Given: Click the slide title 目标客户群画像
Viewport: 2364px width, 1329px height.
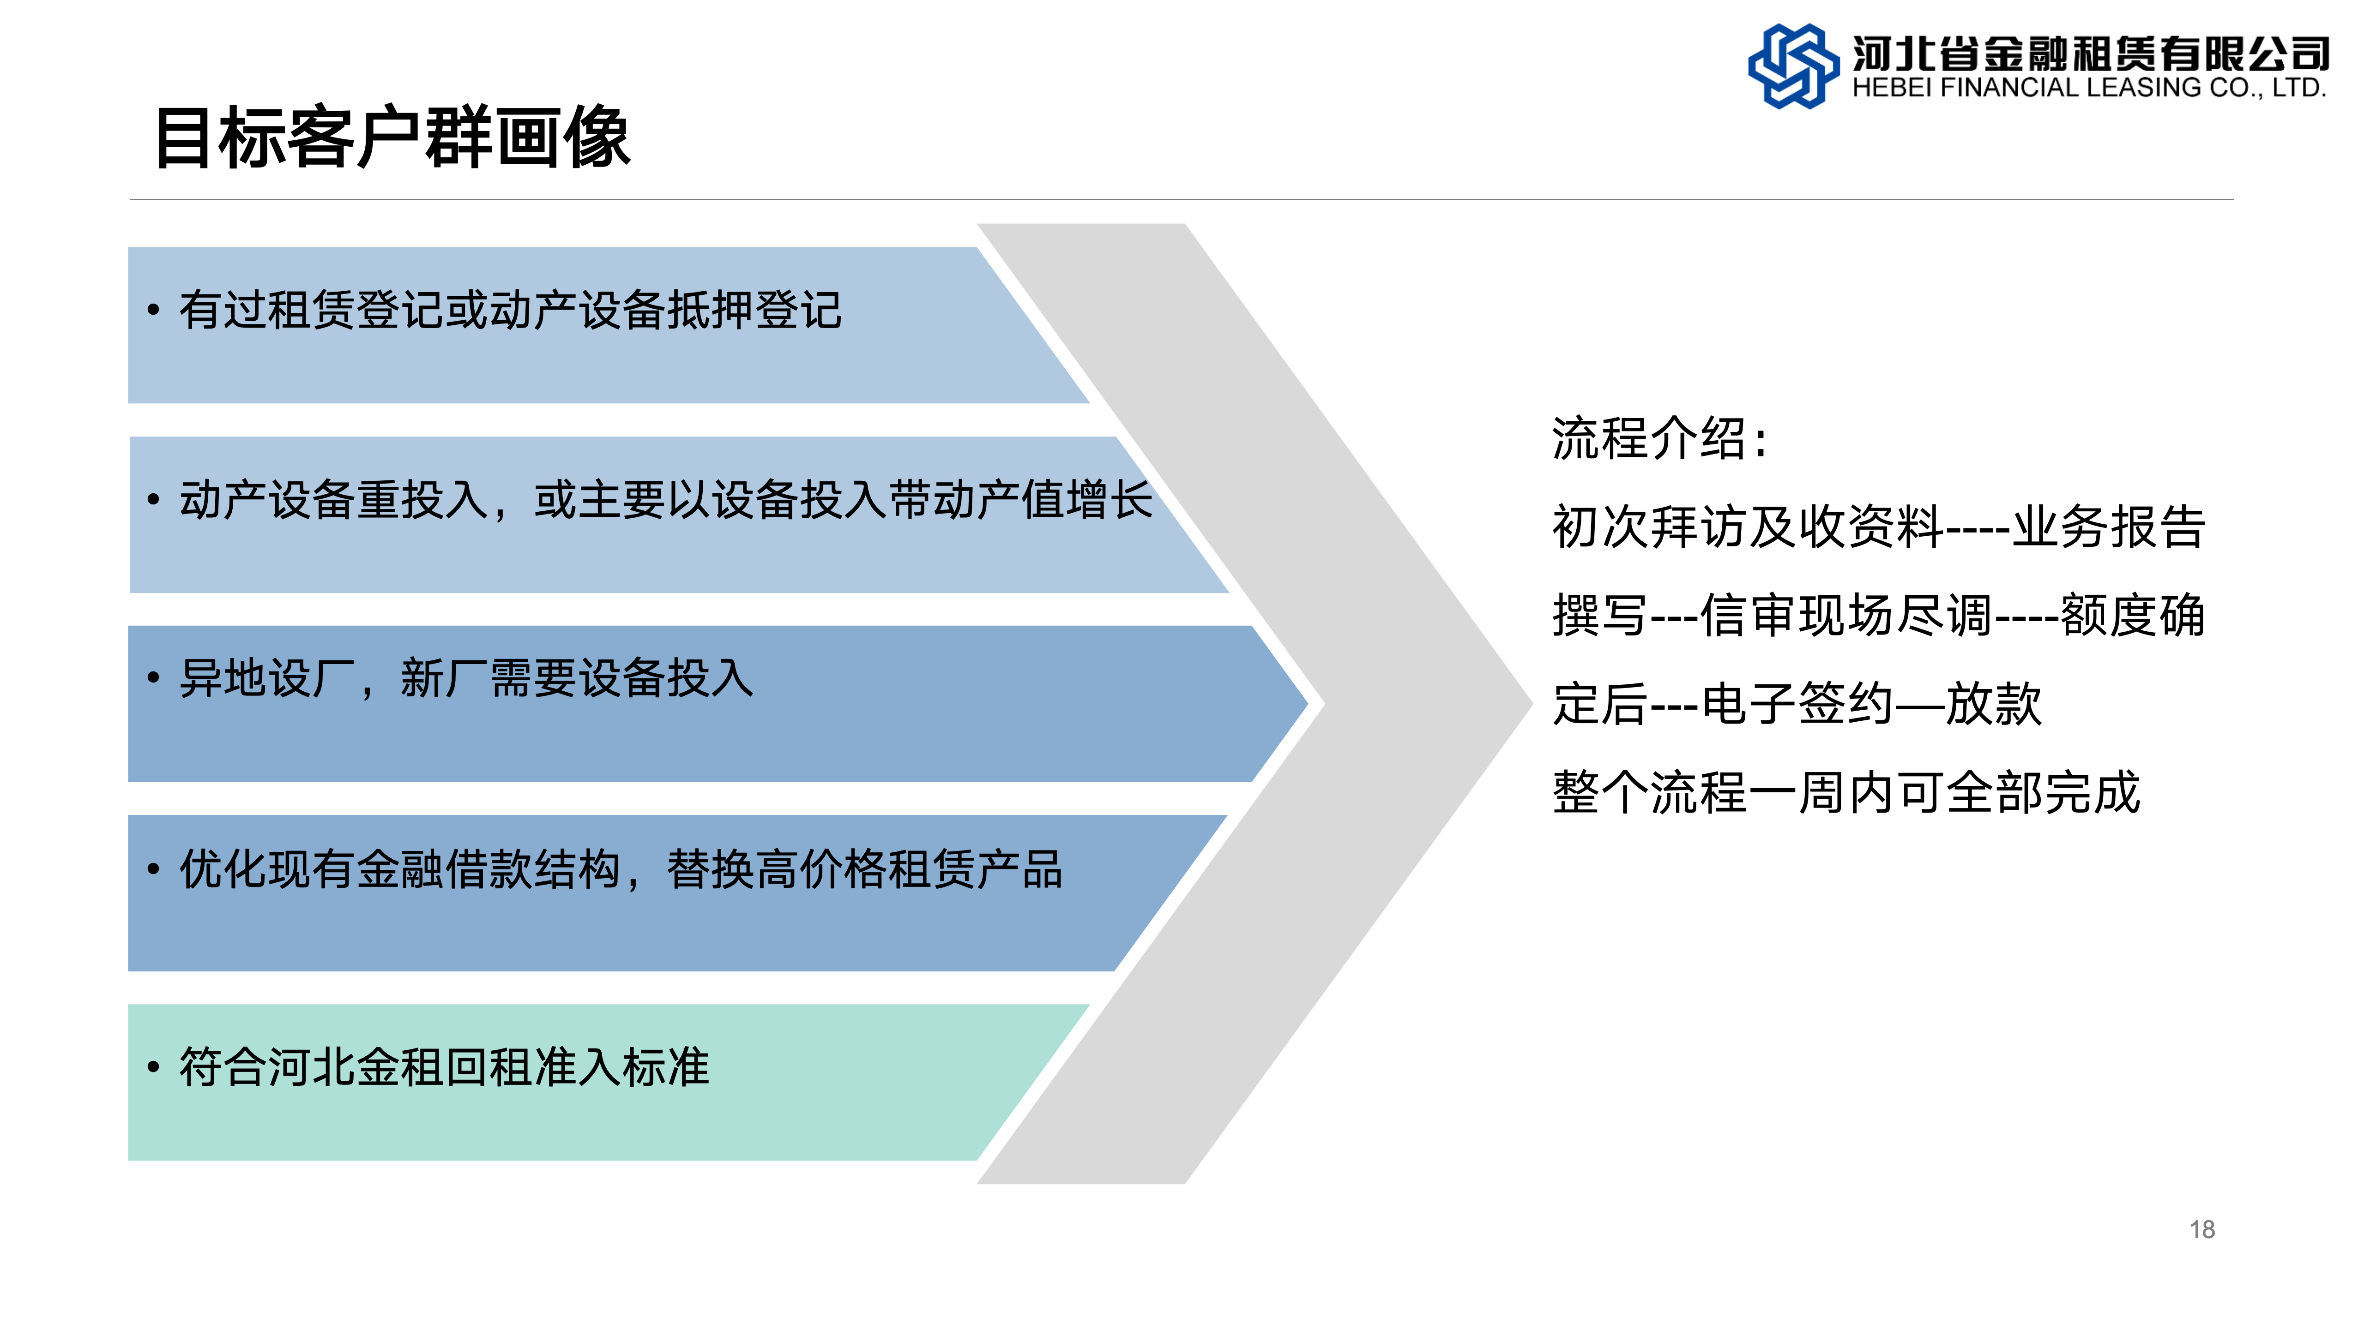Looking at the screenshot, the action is (393, 138).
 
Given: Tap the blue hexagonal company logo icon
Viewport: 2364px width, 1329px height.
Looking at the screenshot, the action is (1793, 66).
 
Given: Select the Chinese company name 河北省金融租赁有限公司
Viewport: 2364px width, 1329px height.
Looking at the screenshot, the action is (2091, 53).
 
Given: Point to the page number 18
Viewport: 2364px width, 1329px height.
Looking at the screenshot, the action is (2201, 1230).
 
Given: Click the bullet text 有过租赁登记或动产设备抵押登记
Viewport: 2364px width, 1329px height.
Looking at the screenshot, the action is (510, 310).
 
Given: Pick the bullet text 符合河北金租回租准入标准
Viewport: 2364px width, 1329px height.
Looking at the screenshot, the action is (444, 1067).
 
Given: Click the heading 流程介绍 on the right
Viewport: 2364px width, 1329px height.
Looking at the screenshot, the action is (1659, 438).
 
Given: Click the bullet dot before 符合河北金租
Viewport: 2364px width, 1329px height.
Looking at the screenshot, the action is (153, 1067).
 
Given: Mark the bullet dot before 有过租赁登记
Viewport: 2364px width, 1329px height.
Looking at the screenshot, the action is (153, 310).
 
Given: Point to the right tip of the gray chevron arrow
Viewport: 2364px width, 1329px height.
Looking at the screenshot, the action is (1532, 703).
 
